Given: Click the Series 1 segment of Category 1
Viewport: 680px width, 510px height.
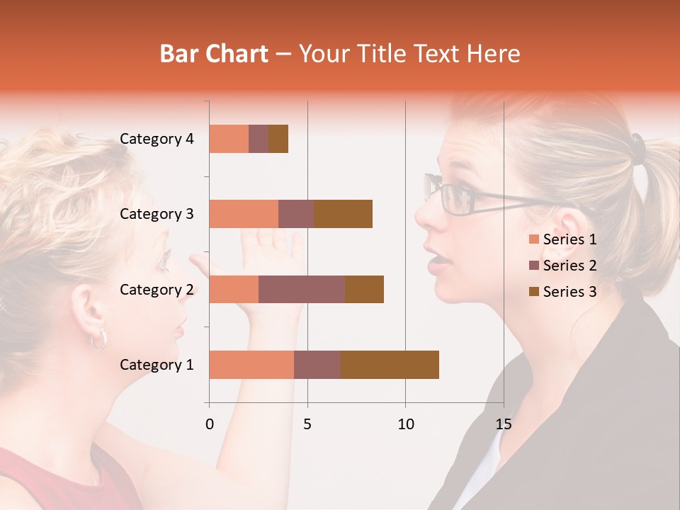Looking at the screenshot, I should click(x=251, y=365).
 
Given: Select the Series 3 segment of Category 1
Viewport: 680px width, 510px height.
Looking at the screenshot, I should click(x=390, y=365).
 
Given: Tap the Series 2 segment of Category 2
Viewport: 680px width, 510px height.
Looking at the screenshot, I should click(x=302, y=289).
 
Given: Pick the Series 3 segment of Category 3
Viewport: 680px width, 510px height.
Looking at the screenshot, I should click(x=343, y=214).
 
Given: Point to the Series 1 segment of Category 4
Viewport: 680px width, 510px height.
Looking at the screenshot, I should click(x=229, y=139).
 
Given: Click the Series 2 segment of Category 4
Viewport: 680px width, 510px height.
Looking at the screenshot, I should click(x=259, y=139).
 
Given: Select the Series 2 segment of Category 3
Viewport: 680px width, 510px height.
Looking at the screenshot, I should click(x=296, y=214).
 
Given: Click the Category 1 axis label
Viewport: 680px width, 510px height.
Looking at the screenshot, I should click(x=157, y=365).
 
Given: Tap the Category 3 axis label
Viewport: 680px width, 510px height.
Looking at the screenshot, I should click(x=157, y=214).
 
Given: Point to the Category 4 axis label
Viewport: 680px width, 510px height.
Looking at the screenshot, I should click(x=157, y=139).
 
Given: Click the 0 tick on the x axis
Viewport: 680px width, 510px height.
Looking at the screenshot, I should click(x=210, y=424).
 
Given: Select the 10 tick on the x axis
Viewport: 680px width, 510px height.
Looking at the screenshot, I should click(x=405, y=424).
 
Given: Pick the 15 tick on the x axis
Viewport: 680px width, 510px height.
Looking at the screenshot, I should click(x=503, y=424).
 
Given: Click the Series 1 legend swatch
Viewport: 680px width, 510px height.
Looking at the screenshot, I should click(x=533, y=239).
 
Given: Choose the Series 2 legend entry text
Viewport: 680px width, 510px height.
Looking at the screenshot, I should click(x=569, y=266).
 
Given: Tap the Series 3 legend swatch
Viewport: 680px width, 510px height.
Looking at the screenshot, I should click(x=533, y=292).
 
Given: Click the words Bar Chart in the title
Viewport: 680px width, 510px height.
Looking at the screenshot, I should click(x=214, y=53).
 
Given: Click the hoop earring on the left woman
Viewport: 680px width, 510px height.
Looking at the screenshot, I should click(x=99, y=339).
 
